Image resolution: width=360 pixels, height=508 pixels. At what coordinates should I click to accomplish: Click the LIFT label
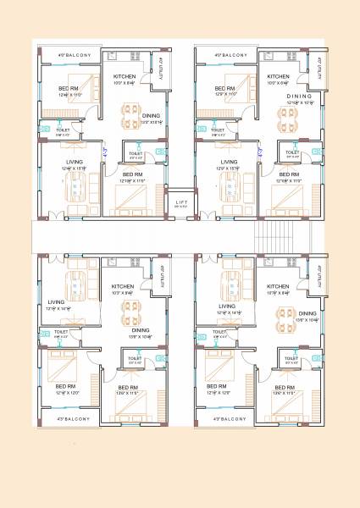click(x=180, y=202)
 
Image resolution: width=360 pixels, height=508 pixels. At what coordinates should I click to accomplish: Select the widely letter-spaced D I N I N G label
click(x=298, y=97)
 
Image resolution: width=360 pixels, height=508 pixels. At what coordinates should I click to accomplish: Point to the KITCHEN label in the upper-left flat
click(x=125, y=77)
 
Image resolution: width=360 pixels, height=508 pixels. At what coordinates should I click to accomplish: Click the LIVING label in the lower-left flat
click(x=56, y=301)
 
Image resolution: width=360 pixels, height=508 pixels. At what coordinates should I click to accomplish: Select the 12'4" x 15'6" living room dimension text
click(x=72, y=168)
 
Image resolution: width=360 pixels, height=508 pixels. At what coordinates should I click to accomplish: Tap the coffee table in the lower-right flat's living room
click(x=231, y=284)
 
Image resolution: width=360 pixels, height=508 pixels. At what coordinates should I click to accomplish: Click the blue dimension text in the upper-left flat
click(x=105, y=152)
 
